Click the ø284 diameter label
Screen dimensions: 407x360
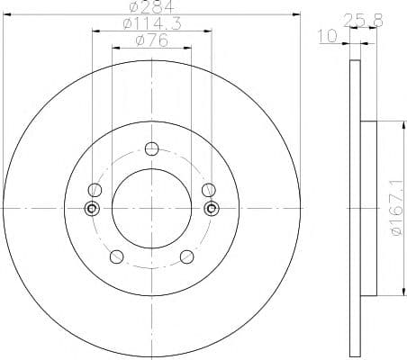coord(151,6)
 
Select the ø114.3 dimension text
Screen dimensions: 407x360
coord(152,23)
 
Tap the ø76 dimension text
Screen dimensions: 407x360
coord(152,40)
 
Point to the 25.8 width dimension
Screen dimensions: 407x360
coord(363,21)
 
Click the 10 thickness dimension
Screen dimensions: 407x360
coord(328,36)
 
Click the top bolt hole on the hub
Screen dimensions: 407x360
coord(151,148)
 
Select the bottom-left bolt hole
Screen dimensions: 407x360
coord(117,256)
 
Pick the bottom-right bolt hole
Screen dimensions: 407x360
coord(186,256)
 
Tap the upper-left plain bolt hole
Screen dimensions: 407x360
coord(95,190)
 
